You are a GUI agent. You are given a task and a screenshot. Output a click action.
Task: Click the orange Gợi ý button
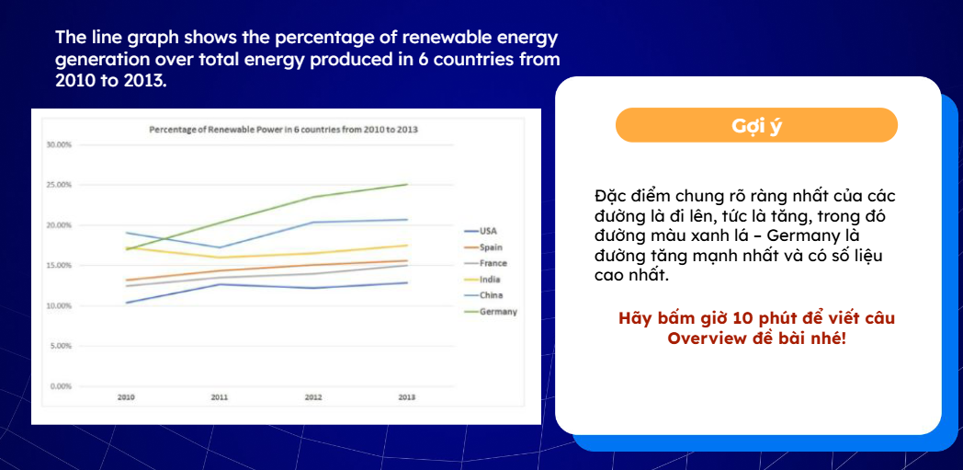pos(756,125)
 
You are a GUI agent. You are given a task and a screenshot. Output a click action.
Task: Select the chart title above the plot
pos(284,130)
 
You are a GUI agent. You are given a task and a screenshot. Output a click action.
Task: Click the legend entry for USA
pos(488,231)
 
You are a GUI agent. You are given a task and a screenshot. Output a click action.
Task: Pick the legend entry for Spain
pos(491,247)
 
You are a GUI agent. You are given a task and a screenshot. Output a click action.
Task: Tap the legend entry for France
pos(493,263)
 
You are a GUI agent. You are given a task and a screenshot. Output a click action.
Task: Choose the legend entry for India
pos(489,279)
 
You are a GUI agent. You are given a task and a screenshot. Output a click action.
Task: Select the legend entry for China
pos(490,295)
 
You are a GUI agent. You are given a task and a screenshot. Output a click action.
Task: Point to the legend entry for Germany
pos(497,312)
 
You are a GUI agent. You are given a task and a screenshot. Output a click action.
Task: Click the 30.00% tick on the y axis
pos(58,144)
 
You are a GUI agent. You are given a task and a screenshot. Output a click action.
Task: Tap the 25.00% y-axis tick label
pos(58,185)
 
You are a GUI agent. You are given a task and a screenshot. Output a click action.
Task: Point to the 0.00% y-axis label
pos(60,386)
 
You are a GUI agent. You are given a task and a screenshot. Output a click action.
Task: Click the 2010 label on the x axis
pos(126,397)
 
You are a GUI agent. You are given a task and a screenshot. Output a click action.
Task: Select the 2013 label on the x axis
pos(407,397)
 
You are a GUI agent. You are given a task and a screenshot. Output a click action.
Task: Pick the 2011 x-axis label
pos(220,397)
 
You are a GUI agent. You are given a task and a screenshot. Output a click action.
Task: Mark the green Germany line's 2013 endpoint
pos(407,184)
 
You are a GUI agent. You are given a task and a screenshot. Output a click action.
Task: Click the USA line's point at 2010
pos(126,303)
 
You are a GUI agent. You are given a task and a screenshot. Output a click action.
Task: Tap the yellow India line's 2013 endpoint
pos(407,245)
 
